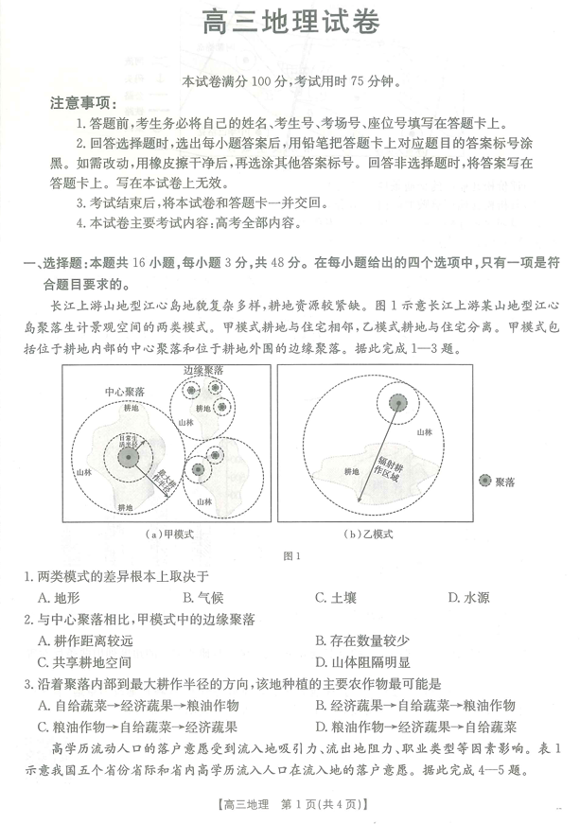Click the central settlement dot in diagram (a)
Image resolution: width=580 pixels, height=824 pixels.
click(x=126, y=458)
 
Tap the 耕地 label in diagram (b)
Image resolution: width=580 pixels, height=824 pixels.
click(x=352, y=470)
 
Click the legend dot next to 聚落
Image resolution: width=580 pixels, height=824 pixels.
click(x=485, y=482)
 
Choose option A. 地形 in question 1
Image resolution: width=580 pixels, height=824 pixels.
click(x=59, y=597)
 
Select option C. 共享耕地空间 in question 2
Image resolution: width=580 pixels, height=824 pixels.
click(x=85, y=662)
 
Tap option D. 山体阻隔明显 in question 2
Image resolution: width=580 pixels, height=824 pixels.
click(x=367, y=662)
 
